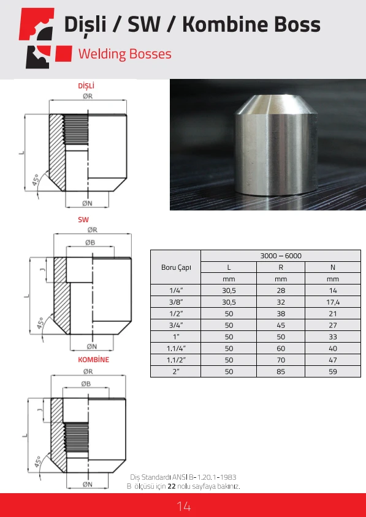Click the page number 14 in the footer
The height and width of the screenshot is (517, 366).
click(184, 506)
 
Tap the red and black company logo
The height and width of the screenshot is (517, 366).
click(45, 38)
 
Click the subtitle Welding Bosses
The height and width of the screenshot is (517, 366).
click(125, 54)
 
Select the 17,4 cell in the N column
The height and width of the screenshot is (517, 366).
click(333, 302)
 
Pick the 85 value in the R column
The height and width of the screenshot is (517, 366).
click(281, 371)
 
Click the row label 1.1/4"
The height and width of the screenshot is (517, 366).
click(176, 349)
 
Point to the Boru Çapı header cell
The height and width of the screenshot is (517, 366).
click(176, 267)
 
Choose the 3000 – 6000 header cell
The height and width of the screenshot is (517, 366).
click(281, 256)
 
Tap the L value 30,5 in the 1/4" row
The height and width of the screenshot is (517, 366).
click(229, 291)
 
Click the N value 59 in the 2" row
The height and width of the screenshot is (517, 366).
click(333, 371)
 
